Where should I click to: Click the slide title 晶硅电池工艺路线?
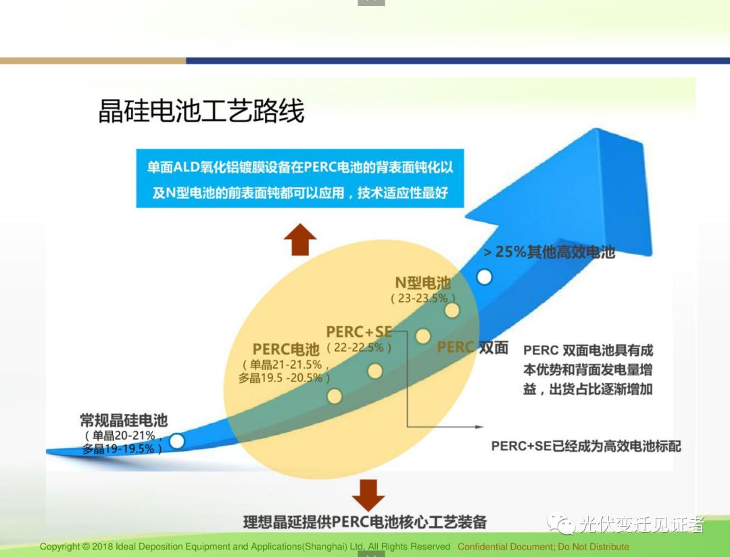pyautogui.click(x=201, y=111)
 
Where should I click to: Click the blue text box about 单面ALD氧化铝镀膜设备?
pyautogui.click(x=300, y=179)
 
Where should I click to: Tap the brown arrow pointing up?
pyautogui.click(x=299, y=239)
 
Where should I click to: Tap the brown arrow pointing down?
pyautogui.click(x=368, y=495)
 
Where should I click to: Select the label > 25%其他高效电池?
pyautogui.click(x=550, y=253)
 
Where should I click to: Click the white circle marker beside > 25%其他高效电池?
pyautogui.click(x=484, y=277)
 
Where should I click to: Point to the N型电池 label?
pyautogui.click(x=422, y=283)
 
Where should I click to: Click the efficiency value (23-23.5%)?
pyautogui.click(x=423, y=298)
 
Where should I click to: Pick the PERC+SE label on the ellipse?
pyautogui.click(x=359, y=331)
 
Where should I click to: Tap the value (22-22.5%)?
pyautogui.click(x=358, y=348)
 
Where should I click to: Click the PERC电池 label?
pyautogui.click(x=286, y=349)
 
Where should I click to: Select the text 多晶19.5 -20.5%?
pyautogui.click(x=284, y=378)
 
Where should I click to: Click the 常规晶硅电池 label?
pyautogui.click(x=124, y=420)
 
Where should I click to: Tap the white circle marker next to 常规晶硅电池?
pyautogui.click(x=176, y=441)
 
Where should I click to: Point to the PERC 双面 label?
pyautogui.click(x=472, y=348)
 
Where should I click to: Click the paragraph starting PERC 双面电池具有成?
pyautogui.click(x=588, y=370)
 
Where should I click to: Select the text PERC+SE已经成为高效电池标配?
pyautogui.click(x=586, y=446)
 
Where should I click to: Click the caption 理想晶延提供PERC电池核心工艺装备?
pyautogui.click(x=365, y=522)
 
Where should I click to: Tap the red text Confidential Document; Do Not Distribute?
pyautogui.click(x=543, y=547)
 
